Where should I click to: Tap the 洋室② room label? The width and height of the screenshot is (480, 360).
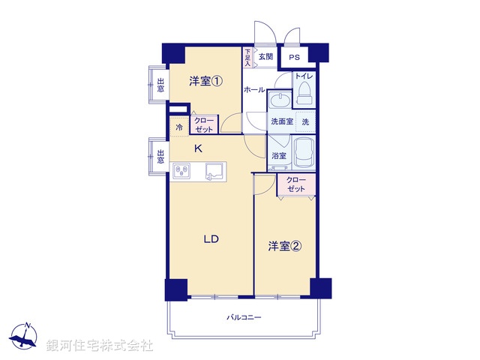click(x=286, y=245)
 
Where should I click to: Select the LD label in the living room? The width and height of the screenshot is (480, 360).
click(x=211, y=240)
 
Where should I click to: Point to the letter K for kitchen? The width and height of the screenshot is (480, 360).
click(x=198, y=148)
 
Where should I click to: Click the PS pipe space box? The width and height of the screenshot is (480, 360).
click(x=294, y=57)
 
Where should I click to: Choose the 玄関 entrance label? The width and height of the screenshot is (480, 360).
click(x=265, y=56)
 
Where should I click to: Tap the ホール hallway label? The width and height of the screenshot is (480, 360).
click(x=253, y=89)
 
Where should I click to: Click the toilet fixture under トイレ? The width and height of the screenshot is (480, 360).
click(x=304, y=93)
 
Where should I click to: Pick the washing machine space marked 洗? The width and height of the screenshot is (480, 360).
click(x=305, y=121)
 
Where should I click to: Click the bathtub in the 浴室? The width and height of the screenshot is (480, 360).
click(x=304, y=154)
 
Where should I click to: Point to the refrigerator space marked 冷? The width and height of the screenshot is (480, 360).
click(x=179, y=127)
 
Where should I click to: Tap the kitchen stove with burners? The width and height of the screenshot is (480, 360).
click(x=181, y=172)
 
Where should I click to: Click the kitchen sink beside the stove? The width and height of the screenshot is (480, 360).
click(x=214, y=172)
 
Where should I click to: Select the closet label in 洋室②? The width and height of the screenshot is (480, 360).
click(x=296, y=185)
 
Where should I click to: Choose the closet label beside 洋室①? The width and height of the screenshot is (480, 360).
click(x=204, y=125)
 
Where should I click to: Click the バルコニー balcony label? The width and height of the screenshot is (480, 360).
click(x=244, y=317)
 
